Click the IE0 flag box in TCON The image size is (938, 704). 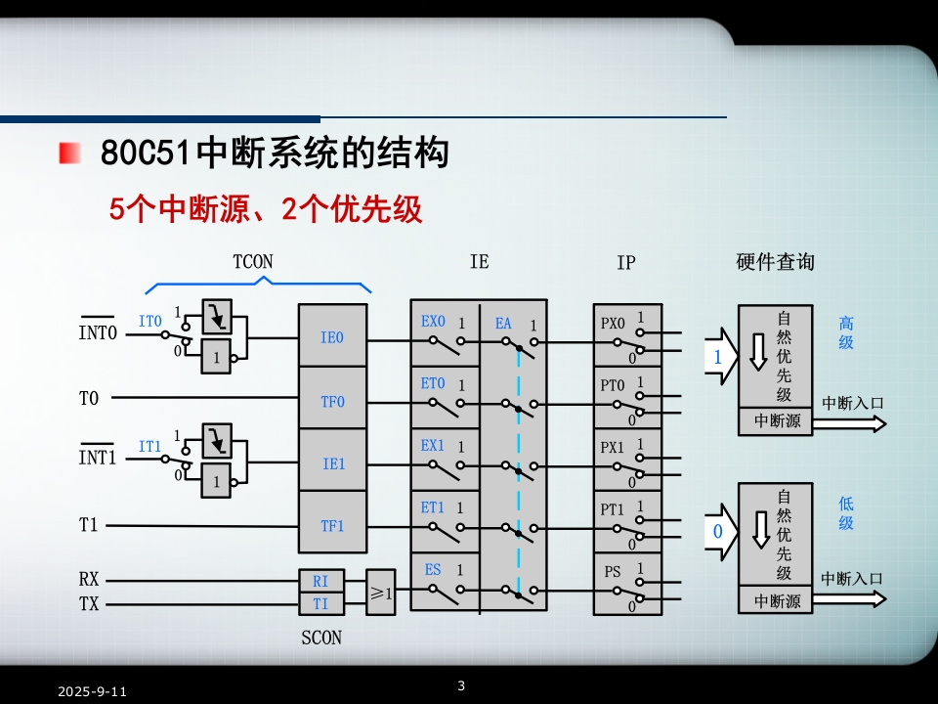(332, 338)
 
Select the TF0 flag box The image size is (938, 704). (332, 401)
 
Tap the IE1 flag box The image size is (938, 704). (332, 463)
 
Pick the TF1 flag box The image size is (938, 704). (332, 526)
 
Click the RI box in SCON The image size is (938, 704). (320, 581)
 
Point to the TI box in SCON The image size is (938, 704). (320, 604)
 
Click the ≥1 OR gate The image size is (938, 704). (380, 593)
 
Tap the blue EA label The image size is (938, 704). (503, 324)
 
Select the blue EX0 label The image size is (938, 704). (433, 322)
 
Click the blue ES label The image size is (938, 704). (433, 569)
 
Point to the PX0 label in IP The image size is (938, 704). (612, 324)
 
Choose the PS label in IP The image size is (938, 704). (612, 572)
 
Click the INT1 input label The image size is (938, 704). (97, 456)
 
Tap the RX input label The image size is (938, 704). (89, 580)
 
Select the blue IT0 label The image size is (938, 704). (149, 321)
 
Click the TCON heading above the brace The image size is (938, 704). (253, 262)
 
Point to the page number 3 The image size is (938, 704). (461, 683)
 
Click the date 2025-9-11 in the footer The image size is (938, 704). (92, 691)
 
